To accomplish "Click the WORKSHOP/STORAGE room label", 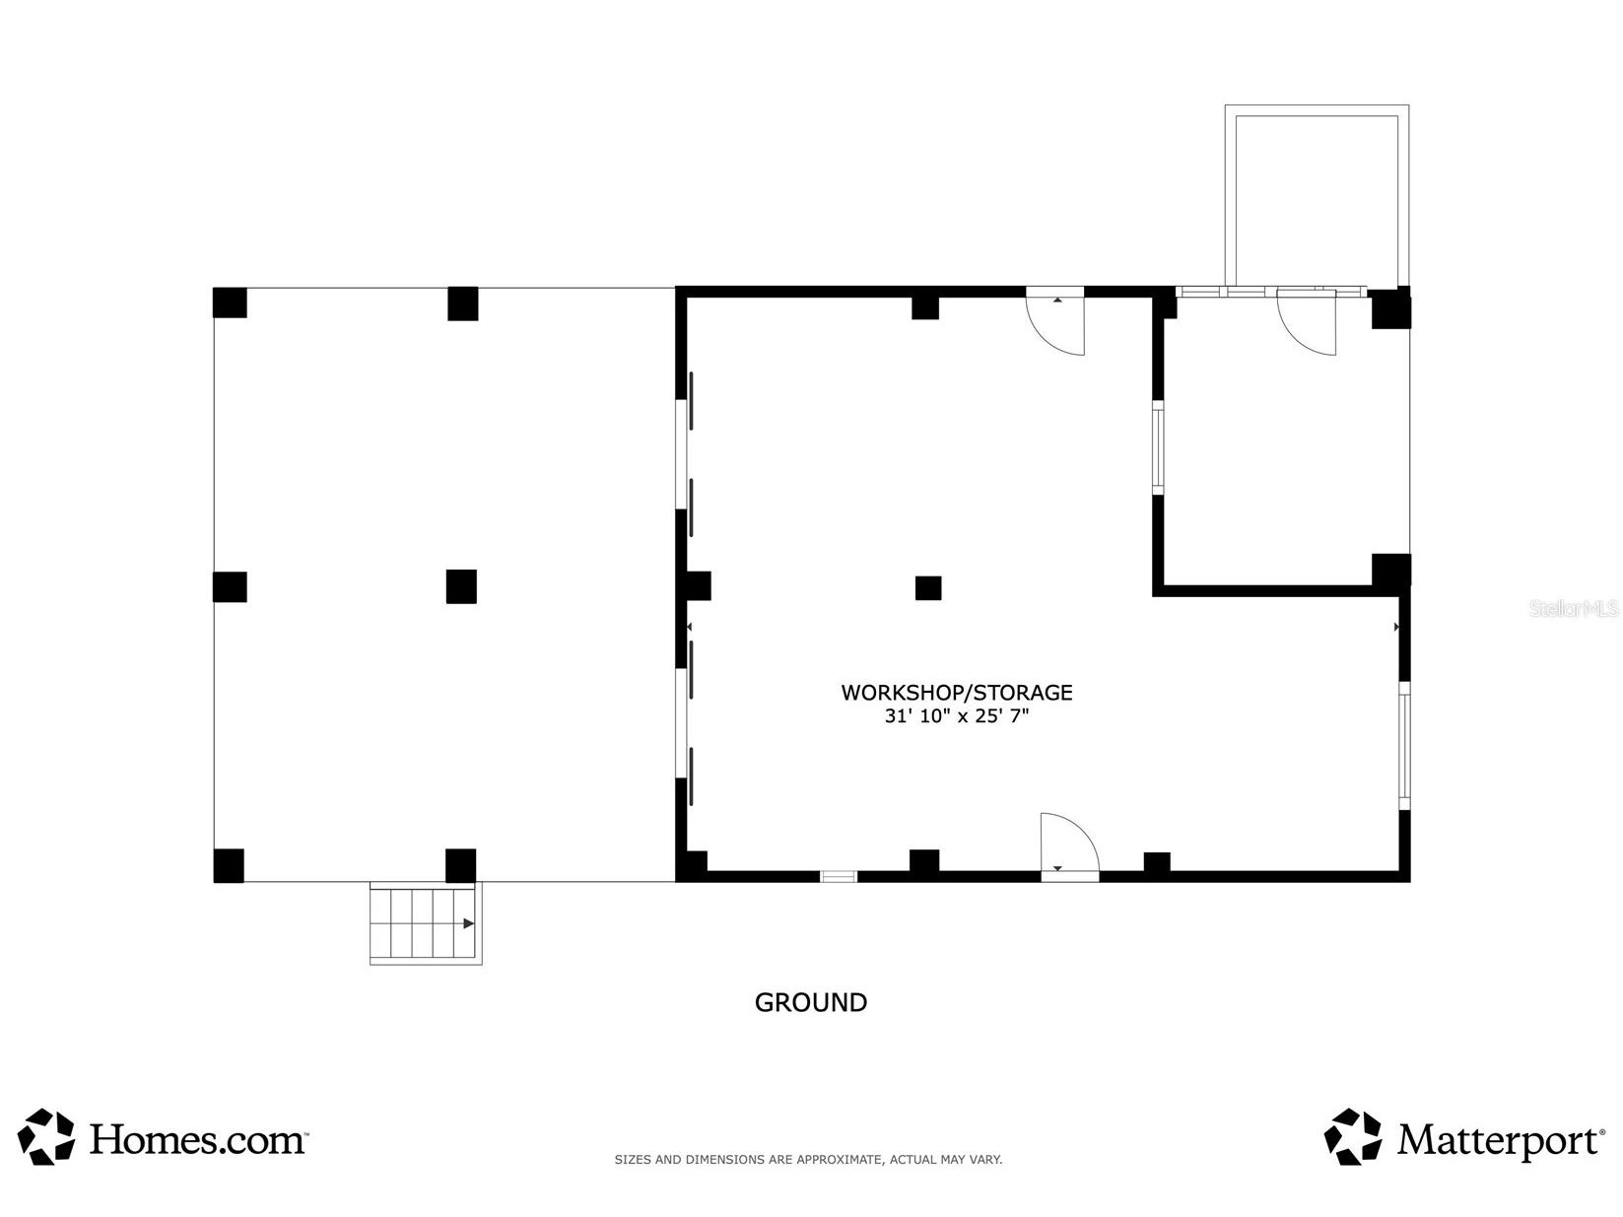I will point(956,693).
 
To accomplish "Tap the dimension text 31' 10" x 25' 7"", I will point(956,717).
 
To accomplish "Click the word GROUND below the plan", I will point(810,1002).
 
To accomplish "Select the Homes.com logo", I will point(163,1138).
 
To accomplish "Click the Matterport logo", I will point(1464,1138).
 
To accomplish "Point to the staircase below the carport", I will point(425,923).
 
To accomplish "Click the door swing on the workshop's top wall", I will point(1056,322).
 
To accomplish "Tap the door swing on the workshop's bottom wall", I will point(1067,844).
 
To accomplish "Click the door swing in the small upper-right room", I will point(1307,322).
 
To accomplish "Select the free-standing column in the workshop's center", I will point(927,588).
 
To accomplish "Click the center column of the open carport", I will point(461,586).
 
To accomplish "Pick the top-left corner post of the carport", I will point(230,303).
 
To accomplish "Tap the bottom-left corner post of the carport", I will point(229,865).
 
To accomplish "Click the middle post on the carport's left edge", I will point(230,586).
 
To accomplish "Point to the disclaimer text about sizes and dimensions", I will point(808,1160).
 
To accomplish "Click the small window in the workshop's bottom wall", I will point(839,875).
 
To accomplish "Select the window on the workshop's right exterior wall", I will point(1404,746).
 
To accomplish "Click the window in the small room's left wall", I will point(1158,447).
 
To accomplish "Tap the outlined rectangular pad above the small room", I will point(1317,197).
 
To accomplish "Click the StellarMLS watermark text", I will point(1573,609).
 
